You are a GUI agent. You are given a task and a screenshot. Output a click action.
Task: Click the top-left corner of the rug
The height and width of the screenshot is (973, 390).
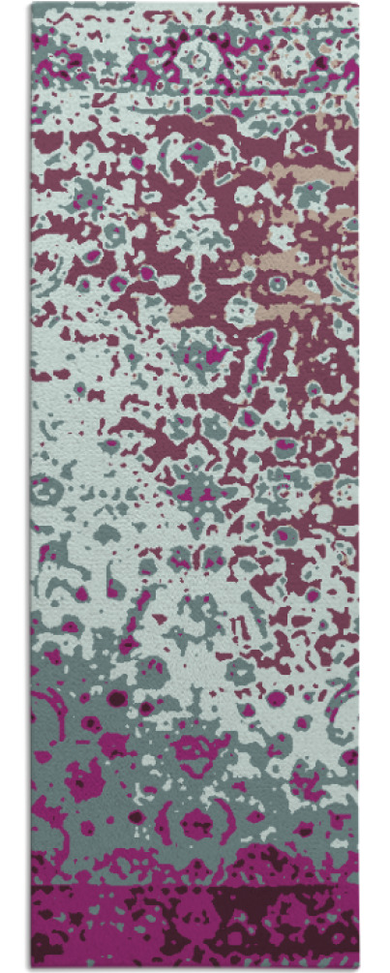coord(31,4)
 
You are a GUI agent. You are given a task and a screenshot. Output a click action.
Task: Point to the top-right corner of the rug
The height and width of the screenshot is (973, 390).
coord(358,4)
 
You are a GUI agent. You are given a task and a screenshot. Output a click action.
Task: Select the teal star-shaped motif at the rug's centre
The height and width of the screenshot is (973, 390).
coord(198,494)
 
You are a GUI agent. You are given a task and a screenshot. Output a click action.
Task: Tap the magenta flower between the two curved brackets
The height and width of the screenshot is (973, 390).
coord(197,823)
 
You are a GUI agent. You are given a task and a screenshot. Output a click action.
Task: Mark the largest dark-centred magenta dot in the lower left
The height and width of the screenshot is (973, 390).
coord(117,697)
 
